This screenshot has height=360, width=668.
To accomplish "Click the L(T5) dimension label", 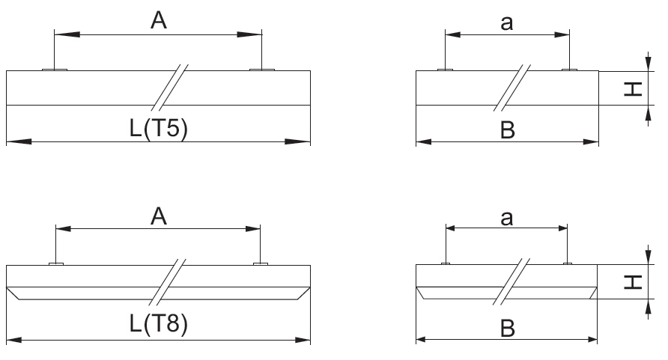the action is point(159,128).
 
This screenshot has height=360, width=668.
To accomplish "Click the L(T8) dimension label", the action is point(159,323).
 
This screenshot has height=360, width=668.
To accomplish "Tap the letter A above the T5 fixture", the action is point(159,20).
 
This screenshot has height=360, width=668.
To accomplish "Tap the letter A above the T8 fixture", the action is point(159,216).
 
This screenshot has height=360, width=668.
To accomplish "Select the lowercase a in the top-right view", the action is point(506,23).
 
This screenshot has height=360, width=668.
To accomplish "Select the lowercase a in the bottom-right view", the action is point(506,219).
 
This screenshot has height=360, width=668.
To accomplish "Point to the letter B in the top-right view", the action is point(508,129).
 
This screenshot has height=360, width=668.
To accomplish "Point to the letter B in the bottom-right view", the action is point(508,329).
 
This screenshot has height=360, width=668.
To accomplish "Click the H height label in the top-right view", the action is point(633,89).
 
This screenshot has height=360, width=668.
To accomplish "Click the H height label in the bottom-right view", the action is point(633,282).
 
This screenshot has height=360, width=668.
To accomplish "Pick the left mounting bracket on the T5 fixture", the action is point(55,70).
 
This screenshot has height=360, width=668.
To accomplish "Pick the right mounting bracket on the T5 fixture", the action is point(262,70).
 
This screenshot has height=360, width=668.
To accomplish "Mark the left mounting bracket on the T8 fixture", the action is point(56,264).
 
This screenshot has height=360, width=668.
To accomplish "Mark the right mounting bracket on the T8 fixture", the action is point(261,264).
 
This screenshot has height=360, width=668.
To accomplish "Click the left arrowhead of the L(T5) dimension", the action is point(19,141).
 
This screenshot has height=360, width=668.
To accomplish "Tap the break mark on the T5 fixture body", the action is point(169,88).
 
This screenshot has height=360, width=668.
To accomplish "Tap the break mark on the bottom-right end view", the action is point(511,281).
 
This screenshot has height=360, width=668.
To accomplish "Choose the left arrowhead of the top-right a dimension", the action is point(453,34).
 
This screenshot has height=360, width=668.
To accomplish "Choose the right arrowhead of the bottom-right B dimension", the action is point(592,339).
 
